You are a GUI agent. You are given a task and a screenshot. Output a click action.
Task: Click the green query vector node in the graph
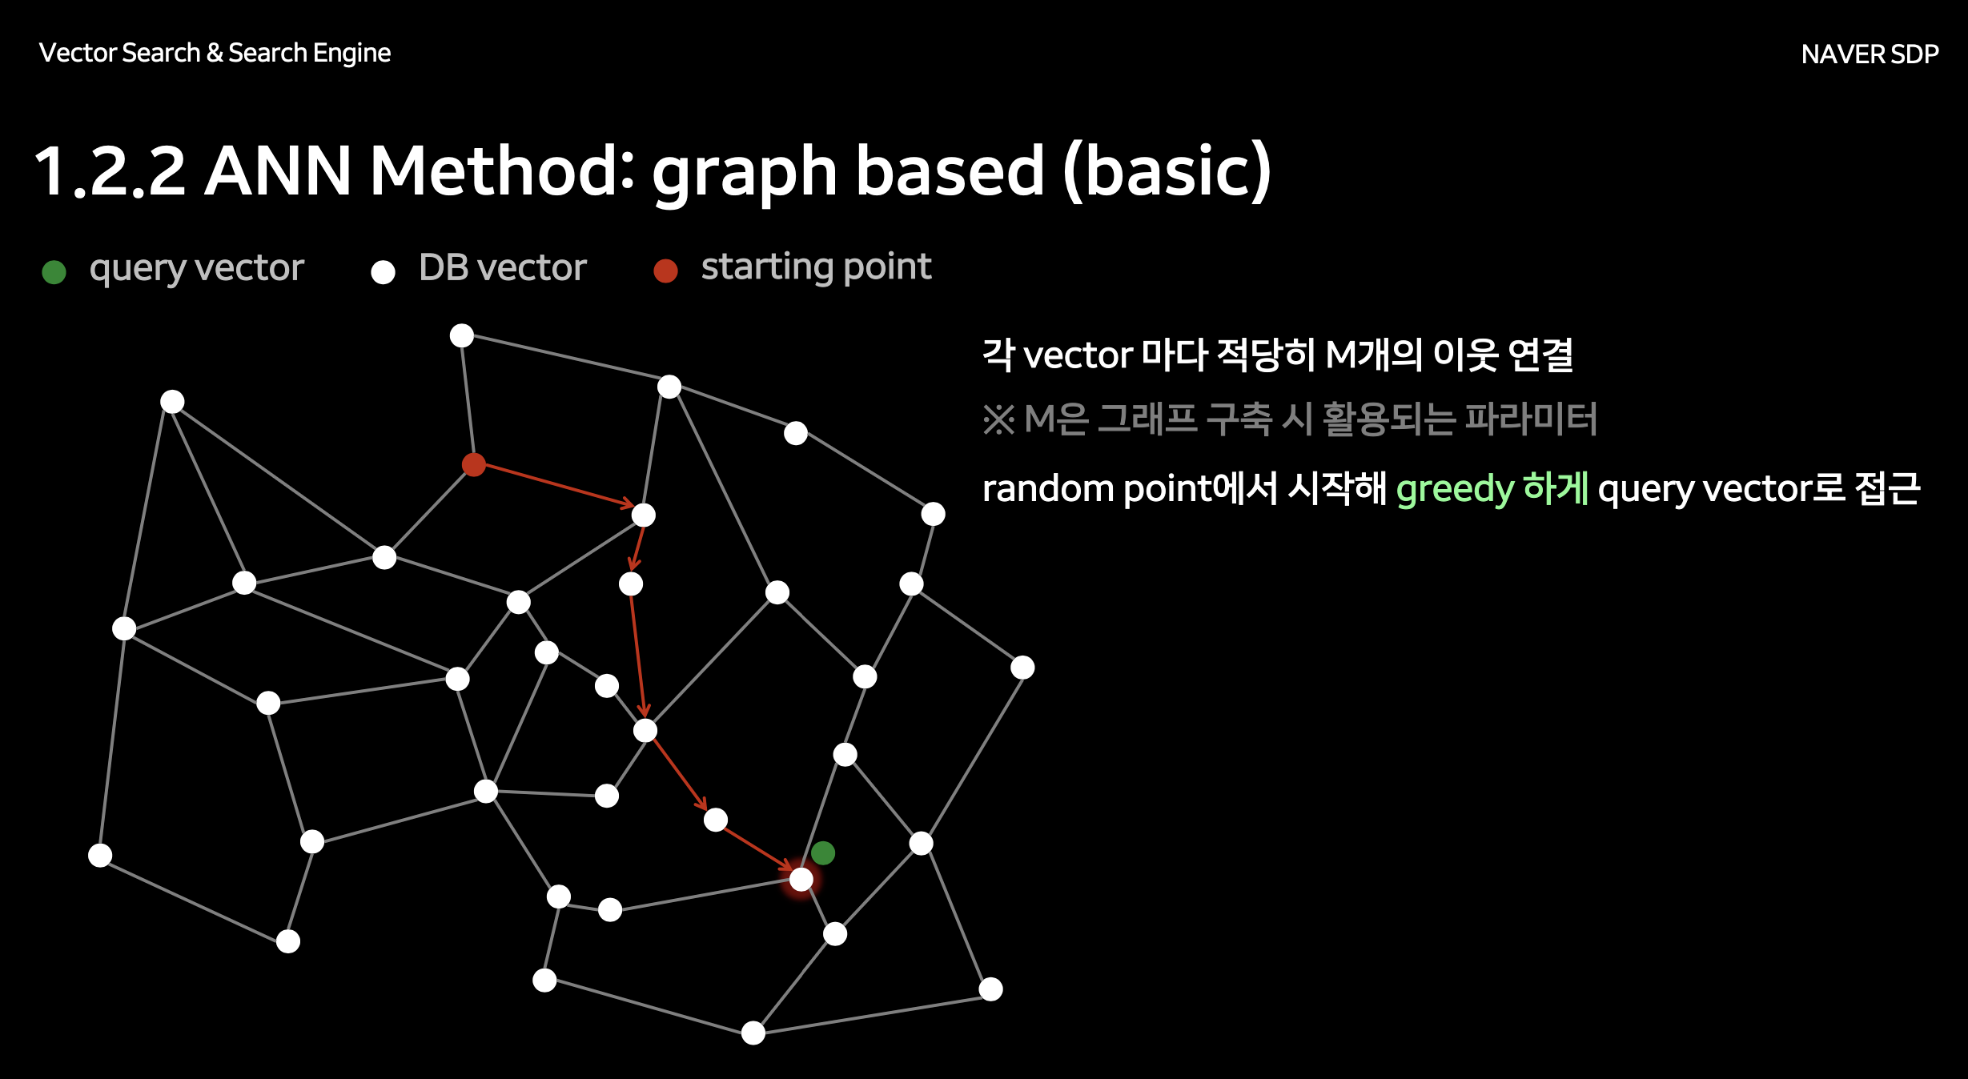[823, 853]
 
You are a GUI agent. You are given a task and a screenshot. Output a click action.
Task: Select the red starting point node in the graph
[474, 464]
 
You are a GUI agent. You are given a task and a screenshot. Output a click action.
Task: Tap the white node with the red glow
[801, 880]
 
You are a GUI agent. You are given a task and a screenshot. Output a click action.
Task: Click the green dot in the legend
[54, 272]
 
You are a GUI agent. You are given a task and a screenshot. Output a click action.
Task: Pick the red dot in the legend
[665, 271]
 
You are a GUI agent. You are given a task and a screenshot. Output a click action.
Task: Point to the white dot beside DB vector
[383, 272]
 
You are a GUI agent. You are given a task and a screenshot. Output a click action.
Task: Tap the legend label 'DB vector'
[503, 267]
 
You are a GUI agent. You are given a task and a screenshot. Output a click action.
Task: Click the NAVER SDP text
[1870, 54]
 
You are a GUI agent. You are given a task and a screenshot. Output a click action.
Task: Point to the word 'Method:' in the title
[502, 170]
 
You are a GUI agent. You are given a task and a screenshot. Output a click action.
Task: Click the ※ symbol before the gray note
[998, 419]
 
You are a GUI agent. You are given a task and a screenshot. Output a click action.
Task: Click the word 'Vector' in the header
[78, 53]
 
